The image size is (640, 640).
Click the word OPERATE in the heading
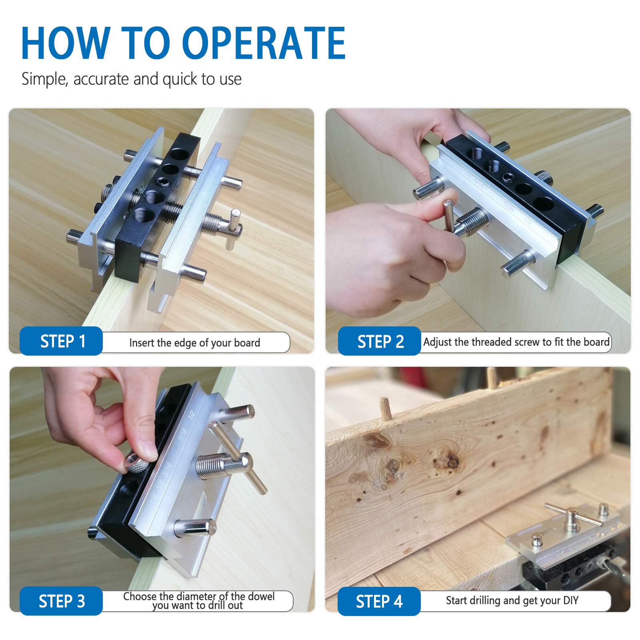pyautogui.click(x=264, y=43)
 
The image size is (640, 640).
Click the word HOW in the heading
pyautogui.click(x=65, y=43)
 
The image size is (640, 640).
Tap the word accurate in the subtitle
pyautogui.click(x=101, y=79)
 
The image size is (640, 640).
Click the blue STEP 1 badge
pyautogui.click(x=61, y=341)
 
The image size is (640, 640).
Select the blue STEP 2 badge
pyautogui.click(x=380, y=341)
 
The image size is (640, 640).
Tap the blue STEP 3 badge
pyautogui.click(x=61, y=601)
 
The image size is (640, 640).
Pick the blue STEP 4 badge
pyautogui.click(x=379, y=601)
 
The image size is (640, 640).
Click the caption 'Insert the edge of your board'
pyautogui.click(x=195, y=343)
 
